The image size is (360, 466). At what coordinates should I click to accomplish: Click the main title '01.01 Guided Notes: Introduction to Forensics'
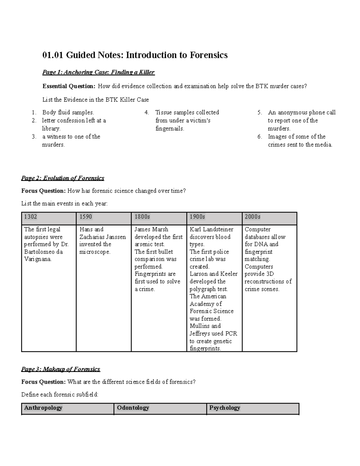tap(135, 55)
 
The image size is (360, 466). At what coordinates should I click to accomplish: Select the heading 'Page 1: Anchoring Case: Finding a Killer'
tap(98, 72)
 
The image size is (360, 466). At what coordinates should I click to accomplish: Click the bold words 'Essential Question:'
tap(69, 86)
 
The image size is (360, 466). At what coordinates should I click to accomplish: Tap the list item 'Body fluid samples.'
tap(68, 113)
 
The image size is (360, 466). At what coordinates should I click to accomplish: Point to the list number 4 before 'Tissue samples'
tap(146, 113)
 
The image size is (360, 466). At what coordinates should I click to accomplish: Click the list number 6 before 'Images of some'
tap(259, 137)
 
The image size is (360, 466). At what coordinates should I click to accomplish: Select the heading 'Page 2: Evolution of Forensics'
tap(63, 178)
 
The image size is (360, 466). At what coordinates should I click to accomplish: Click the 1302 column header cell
tap(49, 217)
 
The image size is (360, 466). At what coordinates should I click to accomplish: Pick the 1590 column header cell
tap(103, 217)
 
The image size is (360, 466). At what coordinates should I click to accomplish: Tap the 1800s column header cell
tap(159, 217)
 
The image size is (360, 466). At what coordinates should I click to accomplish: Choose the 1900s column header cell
tap(214, 217)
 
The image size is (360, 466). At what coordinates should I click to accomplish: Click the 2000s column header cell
tap(269, 217)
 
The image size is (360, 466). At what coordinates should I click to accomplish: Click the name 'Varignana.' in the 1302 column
tap(38, 259)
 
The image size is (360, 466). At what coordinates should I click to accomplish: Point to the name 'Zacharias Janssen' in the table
tap(103, 237)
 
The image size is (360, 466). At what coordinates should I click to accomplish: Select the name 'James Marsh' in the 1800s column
tap(151, 230)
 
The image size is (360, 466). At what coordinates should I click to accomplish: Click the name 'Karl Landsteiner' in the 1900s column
tap(211, 230)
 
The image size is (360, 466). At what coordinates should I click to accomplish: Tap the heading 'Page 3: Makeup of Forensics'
tap(61, 369)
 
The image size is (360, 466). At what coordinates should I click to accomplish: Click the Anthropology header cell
tap(67, 408)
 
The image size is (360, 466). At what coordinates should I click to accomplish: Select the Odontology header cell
tap(160, 408)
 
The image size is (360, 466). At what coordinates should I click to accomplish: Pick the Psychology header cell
tap(253, 408)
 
